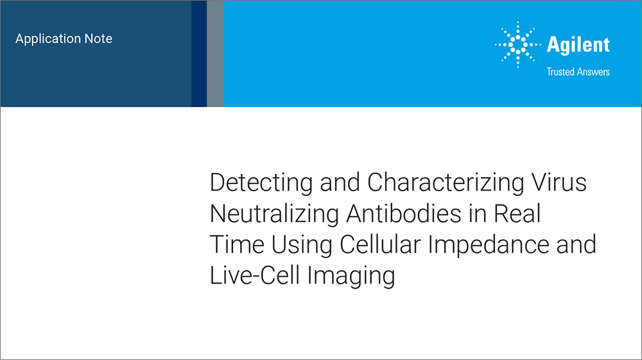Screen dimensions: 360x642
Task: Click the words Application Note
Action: [x=64, y=39]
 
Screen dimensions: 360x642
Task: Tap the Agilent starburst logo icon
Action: [x=517, y=45]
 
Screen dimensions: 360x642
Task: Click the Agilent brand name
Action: [x=578, y=45]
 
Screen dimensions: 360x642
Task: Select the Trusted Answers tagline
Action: [x=578, y=72]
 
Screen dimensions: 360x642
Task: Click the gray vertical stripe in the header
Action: [x=215, y=53]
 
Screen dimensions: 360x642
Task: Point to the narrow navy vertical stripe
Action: [x=199, y=53]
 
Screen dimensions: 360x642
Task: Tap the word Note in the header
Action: [x=98, y=39]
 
